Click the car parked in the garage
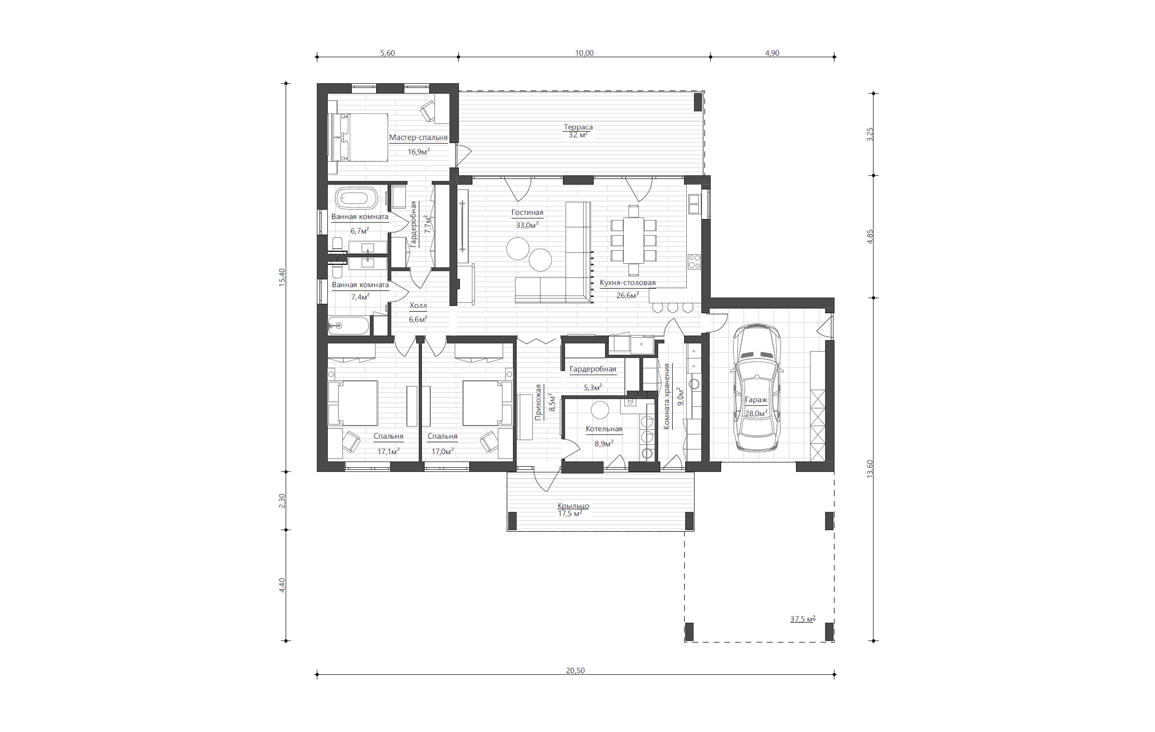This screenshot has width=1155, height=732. [x=756, y=388]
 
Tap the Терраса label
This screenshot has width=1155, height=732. [x=578, y=127]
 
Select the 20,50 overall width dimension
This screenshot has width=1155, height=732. [x=575, y=670]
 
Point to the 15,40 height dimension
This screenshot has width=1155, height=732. [x=282, y=277]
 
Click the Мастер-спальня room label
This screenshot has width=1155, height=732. [x=418, y=137]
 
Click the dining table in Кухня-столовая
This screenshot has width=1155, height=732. [x=634, y=240]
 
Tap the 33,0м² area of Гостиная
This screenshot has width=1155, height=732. [x=527, y=225]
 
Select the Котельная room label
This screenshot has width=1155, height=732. [x=604, y=429]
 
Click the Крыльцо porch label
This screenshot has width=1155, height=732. [x=573, y=505]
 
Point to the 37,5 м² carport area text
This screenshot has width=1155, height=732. [x=803, y=619]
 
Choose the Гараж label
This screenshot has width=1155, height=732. [x=756, y=400]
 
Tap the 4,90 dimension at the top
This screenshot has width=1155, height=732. [x=772, y=53]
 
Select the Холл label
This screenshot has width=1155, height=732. [x=418, y=305]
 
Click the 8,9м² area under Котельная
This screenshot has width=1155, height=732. [x=604, y=443]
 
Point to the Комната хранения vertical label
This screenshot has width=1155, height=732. [x=666, y=396]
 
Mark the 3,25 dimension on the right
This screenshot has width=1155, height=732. [x=870, y=134]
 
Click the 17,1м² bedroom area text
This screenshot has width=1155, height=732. [x=389, y=451]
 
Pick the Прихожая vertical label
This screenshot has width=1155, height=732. [x=538, y=402]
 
